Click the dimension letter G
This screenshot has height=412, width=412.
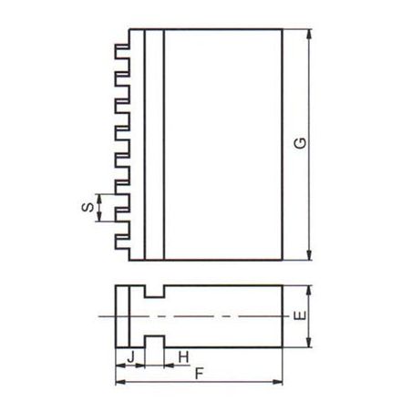click(x=300, y=143)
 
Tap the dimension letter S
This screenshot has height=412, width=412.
click(x=88, y=207)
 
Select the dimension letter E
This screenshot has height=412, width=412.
click(x=300, y=315)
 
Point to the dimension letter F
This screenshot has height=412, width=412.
click(x=199, y=374)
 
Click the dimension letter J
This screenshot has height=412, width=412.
click(x=130, y=357)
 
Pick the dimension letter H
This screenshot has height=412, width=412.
click(x=183, y=357)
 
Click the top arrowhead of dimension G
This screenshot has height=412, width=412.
click(x=309, y=34)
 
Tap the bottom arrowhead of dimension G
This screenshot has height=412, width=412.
click(x=309, y=255)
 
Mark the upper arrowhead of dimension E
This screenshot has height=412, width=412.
click(x=309, y=291)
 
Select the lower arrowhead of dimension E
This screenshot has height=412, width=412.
click(x=309, y=343)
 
